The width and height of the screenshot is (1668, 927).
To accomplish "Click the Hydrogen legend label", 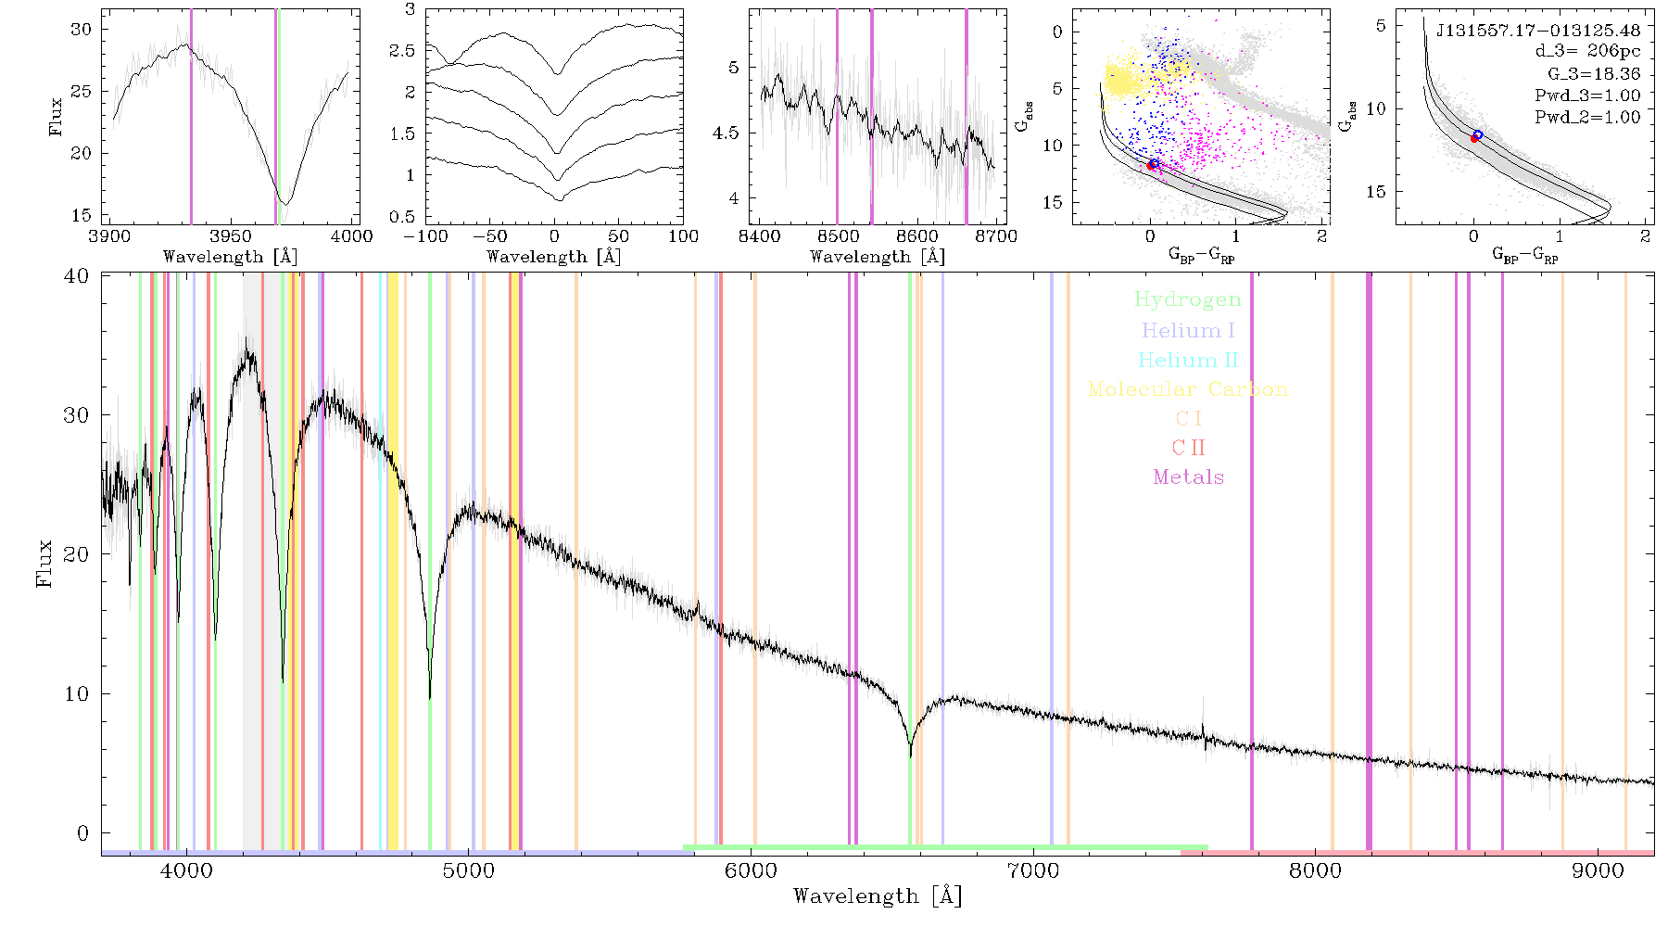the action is tap(1188, 300).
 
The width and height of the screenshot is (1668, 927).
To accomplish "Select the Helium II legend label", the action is tap(1188, 360).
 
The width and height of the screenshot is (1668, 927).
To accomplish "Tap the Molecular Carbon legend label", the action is tap(1188, 389).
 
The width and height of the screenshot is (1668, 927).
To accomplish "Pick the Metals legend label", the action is tap(1188, 477).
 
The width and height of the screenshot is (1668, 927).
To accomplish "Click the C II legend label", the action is tap(1188, 448).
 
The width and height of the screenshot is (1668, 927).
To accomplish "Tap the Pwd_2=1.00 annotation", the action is tap(1587, 118).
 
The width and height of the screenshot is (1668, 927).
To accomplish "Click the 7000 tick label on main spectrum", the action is tap(1033, 870).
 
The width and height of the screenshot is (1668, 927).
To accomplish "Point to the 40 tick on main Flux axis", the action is tap(77, 276).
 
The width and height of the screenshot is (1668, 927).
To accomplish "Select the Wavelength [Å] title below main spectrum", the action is tap(878, 896).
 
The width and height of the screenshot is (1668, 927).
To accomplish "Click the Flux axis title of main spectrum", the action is tap(44, 563).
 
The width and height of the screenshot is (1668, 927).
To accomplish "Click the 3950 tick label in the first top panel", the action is tap(230, 236).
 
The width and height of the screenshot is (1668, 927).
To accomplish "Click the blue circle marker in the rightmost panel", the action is tap(1478, 135).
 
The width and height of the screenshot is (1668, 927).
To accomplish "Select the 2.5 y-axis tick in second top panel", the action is tap(402, 51).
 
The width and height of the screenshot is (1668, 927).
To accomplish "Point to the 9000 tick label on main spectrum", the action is tap(1598, 870).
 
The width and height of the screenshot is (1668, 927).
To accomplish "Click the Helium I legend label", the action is tap(1188, 331).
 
